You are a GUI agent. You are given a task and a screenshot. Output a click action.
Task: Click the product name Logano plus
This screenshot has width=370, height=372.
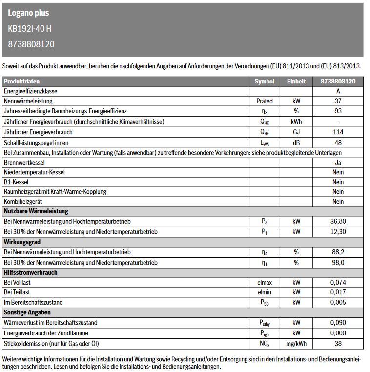[28, 13]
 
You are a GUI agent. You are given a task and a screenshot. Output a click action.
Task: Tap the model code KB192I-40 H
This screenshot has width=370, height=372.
[30, 29]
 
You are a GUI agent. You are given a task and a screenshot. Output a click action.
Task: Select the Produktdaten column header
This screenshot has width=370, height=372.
[21, 82]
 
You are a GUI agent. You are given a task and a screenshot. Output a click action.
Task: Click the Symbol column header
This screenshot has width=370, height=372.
[264, 82]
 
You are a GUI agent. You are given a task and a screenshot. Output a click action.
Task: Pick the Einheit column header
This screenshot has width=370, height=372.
[296, 82]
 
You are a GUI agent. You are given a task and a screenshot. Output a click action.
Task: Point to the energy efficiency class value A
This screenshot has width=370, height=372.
[338, 91]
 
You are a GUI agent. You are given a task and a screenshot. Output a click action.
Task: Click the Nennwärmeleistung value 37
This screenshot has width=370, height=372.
[338, 101]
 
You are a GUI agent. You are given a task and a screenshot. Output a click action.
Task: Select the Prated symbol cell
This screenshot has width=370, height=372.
[264, 101]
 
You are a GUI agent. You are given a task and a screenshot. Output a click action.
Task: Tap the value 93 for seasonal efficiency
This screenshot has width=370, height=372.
[338, 111]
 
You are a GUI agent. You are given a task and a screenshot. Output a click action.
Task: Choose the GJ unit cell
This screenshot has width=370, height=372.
[296, 132]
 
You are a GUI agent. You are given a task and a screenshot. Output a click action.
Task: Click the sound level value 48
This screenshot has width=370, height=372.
[338, 143]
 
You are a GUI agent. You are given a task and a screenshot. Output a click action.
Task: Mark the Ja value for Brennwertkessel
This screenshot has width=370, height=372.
[338, 163]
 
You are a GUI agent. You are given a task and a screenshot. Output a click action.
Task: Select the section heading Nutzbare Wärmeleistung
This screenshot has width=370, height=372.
[36, 211]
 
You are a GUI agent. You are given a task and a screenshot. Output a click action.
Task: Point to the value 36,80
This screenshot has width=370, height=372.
[338, 222]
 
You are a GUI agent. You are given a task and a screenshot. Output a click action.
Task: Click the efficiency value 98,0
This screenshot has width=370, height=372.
[338, 263]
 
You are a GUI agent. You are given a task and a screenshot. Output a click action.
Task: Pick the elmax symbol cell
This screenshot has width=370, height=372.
[264, 282]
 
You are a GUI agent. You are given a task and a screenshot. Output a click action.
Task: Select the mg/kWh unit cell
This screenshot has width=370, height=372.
[296, 344]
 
